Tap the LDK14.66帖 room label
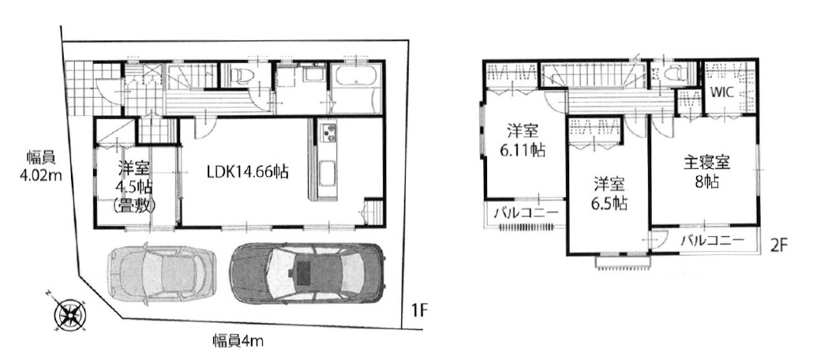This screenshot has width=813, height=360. coord(241,171)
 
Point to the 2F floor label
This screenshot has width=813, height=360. coord(779,245)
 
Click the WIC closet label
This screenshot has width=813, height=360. coord(721,94)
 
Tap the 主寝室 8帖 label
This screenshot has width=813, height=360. coord(706,173)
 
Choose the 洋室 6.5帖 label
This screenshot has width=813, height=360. coord(609,193)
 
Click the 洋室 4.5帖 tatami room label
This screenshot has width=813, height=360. coord(133,186)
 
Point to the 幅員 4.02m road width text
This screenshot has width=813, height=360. coord(41,166)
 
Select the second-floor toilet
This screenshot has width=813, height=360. coord(676,74)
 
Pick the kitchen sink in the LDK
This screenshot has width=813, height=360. coord(328,173)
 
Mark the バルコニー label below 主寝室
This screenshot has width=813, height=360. coord(712,240)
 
